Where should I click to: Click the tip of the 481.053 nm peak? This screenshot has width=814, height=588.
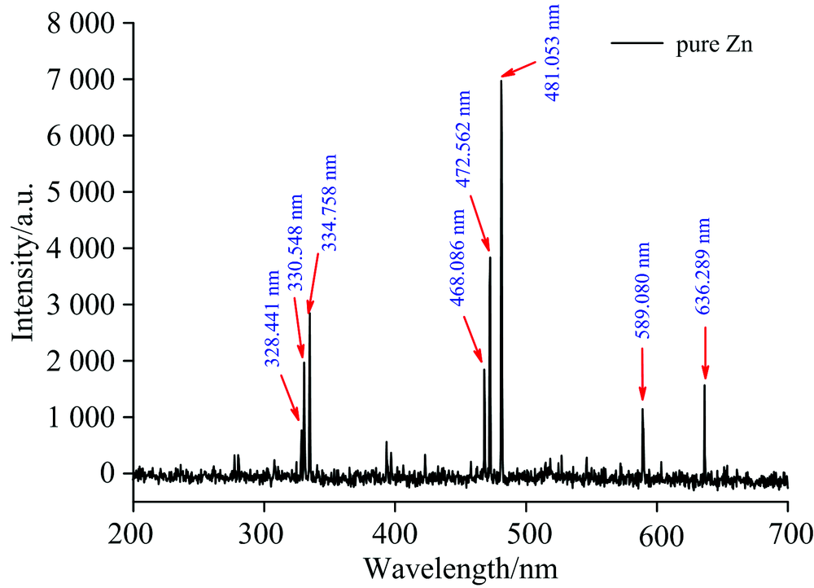(x=501, y=80)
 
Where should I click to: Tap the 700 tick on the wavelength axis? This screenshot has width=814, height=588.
(x=787, y=534)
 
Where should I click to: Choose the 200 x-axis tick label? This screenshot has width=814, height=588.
(x=133, y=534)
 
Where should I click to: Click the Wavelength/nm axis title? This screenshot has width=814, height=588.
(x=460, y=566)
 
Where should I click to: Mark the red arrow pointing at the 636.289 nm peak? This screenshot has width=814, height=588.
(x=705, y=353)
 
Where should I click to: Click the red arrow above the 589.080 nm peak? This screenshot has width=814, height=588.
(x=642, y=375)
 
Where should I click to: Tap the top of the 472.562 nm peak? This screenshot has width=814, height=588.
(x=490, y=257)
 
